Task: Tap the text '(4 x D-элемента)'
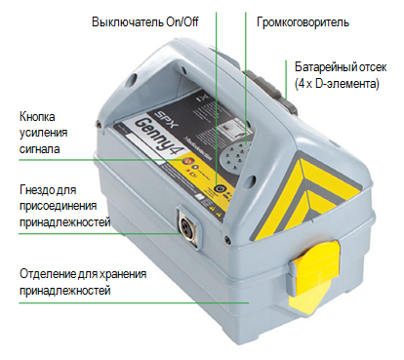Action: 338,85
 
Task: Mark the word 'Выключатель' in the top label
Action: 126,21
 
